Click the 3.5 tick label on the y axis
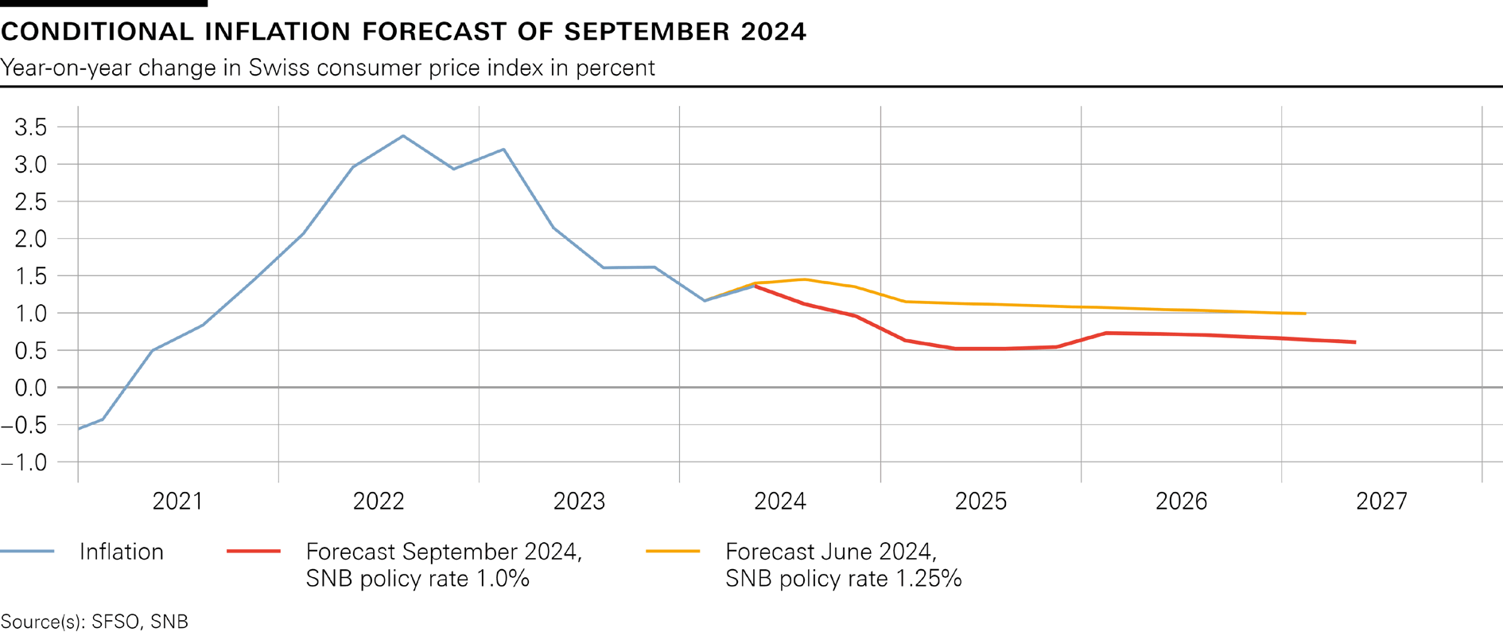31,127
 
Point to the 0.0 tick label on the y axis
31,388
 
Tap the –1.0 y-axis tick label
25,462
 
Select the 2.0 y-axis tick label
31,239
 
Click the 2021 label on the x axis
177,501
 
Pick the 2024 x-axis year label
779,501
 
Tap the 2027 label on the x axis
1381,501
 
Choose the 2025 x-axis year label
981,501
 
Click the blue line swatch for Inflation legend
27,552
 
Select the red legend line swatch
254,552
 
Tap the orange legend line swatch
673,552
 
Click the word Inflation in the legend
121,552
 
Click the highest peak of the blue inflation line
403,136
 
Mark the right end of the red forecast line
1355,342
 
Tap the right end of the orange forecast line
1305,314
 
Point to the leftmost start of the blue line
79,429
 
